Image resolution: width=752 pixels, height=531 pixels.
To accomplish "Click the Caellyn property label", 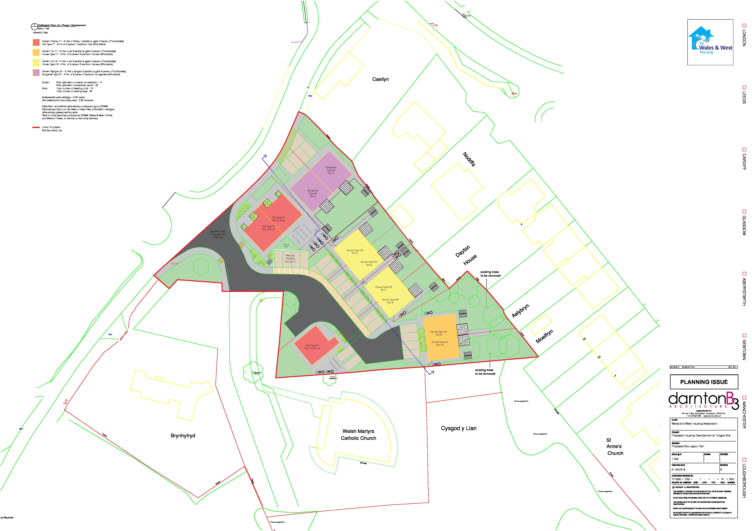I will pos(380,79).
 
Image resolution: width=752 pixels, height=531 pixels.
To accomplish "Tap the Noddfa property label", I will pos(469,159).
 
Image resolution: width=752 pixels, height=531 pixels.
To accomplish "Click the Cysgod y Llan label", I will pos(459,428).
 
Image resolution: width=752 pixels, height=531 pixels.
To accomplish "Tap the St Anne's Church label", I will pos(615,447).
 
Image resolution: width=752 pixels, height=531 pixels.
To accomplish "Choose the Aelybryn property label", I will pos(520,310).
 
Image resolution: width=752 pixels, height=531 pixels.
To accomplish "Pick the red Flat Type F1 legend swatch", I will pos(36,43).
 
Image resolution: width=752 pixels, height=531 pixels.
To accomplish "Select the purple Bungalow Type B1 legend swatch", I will pos(36,73).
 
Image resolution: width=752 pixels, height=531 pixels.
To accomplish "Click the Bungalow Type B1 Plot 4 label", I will pos(331,170).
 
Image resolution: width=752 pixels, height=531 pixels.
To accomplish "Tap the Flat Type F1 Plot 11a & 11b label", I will pos(312,347).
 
